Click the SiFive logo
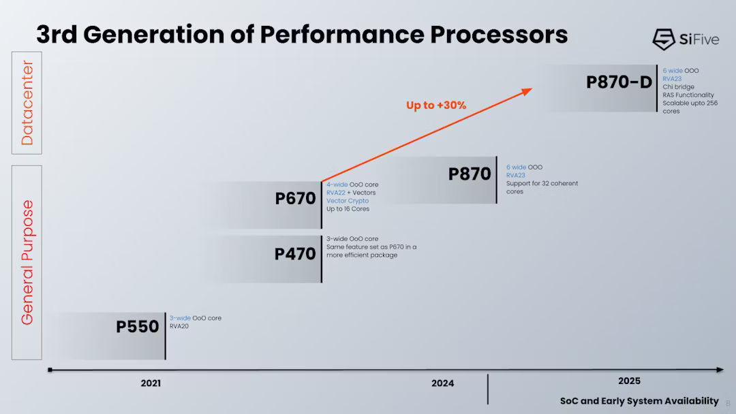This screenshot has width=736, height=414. [684, 39]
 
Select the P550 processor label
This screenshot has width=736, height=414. [137, 326]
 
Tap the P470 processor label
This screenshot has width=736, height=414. [295, 254]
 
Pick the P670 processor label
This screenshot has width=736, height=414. [295, 199]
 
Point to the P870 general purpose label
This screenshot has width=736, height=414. [470, 174]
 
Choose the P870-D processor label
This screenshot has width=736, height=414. [619, 82]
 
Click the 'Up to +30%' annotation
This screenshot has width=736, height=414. [436, 106]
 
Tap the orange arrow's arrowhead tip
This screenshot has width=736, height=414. [531, 88]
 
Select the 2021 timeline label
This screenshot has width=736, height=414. [151, 383]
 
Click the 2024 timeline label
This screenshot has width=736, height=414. [442, 383]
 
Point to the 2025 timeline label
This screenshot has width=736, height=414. [629, 381]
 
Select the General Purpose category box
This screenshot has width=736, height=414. [27, 262]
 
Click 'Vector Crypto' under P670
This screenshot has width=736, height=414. [348, 201]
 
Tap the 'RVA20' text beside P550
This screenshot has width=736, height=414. [179, 326]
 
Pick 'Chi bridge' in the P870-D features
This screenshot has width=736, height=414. [679, 87]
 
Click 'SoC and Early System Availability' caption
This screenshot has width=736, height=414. [639, 400]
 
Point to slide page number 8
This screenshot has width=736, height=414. [728, 403]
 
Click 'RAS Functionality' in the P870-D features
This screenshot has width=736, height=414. [688, 95]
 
